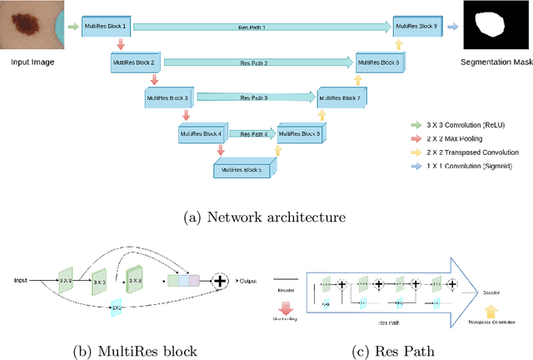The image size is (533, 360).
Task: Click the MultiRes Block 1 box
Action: point(105,27)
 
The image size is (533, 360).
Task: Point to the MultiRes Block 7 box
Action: point(337,97)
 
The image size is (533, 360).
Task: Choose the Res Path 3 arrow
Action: point(253,97)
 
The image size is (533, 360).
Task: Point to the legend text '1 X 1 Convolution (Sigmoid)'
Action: point(469,167)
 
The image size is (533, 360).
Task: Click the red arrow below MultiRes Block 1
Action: point(119,44)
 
